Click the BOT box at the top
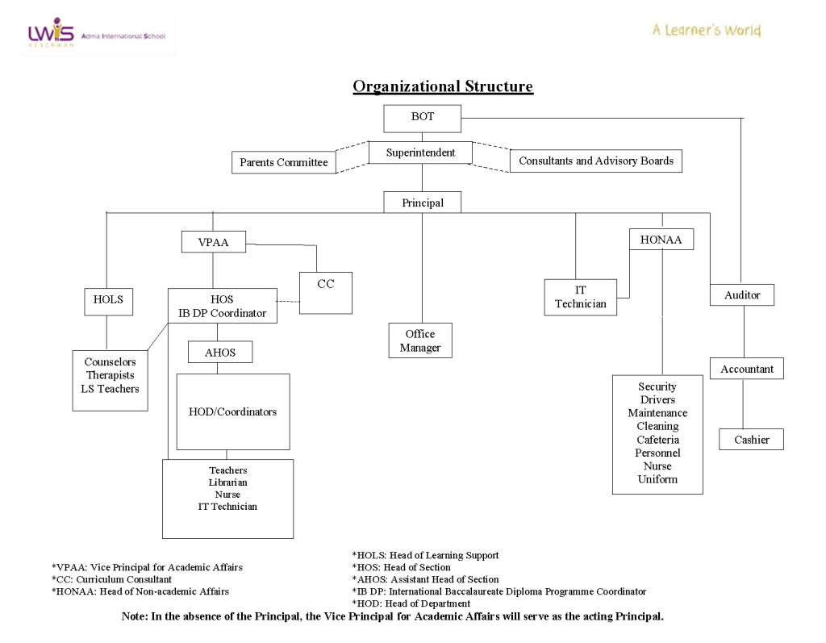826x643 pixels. (422, 118)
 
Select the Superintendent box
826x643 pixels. (420, 152)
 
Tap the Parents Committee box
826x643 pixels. (284, 162)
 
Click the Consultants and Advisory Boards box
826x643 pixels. (596, 161)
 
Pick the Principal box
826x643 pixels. (422, 203)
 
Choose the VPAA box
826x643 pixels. (213, 242)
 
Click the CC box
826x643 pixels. (326, 293)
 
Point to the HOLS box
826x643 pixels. (108, 301)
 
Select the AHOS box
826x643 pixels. (219, 353)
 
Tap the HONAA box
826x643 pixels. (661, 240)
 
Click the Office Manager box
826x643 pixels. (420, 340)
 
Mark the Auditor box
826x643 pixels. (742, 295)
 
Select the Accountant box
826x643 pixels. (747, 369)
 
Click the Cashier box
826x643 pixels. (751, 440)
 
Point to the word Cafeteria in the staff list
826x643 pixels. (657, 440)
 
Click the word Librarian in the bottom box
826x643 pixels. (227, 482)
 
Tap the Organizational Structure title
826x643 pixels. (443, 87)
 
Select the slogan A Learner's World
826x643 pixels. (707, 31)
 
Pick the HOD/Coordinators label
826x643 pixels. (232, 412)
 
